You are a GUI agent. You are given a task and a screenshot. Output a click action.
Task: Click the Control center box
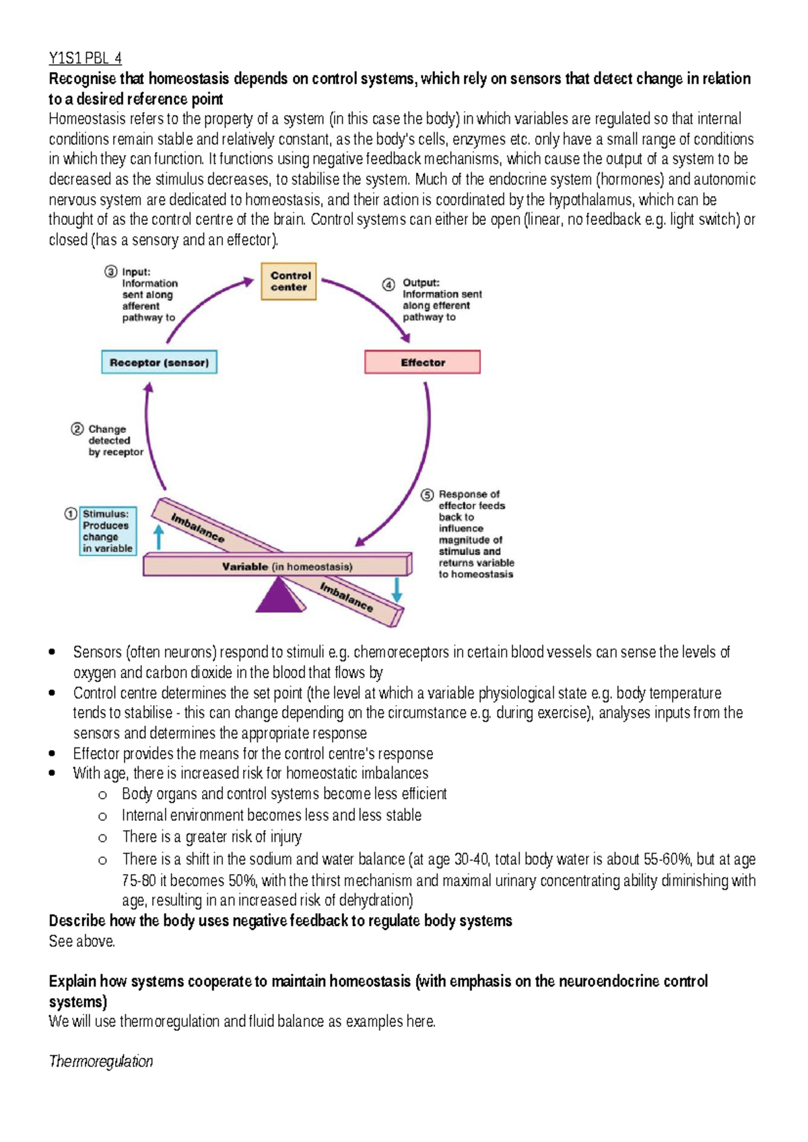click(289, 281)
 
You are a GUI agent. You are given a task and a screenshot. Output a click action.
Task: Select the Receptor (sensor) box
click(159, 362)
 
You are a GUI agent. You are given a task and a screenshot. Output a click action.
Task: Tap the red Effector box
click(422, 362)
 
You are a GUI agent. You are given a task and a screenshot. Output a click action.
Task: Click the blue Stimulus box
click(108, 531)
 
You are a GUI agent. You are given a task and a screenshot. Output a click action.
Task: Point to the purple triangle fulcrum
click(279, 595)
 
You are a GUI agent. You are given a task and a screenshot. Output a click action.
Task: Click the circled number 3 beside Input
click(111, 271)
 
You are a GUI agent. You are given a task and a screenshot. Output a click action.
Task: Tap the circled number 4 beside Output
click(389, 284)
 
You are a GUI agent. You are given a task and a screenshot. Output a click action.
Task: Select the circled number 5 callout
click(428, 495)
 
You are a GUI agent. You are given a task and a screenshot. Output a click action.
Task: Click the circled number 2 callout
click(77, 429)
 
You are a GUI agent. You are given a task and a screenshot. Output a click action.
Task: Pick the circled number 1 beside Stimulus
click(71, 514)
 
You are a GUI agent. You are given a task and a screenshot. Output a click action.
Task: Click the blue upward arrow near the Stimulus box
click(159, 537)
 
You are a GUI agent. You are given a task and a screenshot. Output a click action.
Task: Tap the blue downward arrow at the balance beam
click(397, 589)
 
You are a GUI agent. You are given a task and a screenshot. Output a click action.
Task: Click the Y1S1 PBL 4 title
click(85, 58)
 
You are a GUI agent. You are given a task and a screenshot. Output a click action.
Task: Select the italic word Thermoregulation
click(101, 1062)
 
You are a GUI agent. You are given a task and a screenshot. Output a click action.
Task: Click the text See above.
click(81, 941)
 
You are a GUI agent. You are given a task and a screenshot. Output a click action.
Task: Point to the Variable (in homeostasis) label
click(287, 567)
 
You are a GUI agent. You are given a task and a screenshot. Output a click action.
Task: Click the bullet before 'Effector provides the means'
click(53, 754)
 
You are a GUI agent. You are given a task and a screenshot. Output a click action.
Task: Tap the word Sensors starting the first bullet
click(97, 652)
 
